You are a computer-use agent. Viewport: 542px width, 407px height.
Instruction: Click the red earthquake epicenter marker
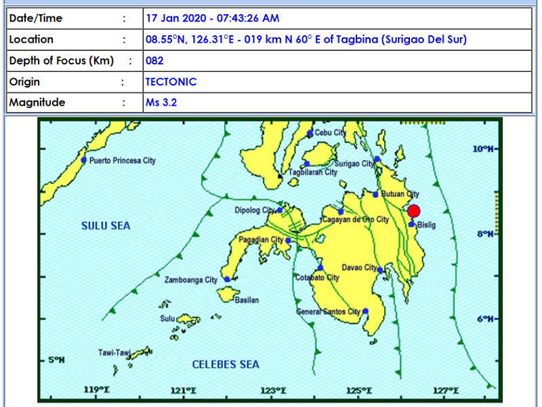(413, 211)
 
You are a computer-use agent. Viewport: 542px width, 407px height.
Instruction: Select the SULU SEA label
(106, 226)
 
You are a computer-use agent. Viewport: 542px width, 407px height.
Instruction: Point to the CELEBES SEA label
(226, 364)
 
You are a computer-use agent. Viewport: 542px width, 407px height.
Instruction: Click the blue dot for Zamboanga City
(227, 279)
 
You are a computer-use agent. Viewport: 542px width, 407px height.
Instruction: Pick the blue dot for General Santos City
(365, 311)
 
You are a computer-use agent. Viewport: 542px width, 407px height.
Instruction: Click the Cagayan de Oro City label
(355, 220)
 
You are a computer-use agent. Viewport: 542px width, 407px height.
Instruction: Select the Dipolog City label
(255, 210)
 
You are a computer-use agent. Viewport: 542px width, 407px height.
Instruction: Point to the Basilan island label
(247, 300)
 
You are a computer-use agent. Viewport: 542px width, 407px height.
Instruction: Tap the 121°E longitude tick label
(183, 390)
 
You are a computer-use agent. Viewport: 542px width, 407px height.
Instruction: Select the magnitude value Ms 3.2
(162, 102)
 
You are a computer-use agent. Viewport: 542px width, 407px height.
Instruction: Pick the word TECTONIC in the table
(171, 81)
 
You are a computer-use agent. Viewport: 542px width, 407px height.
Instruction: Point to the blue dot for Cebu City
(310, 133)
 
